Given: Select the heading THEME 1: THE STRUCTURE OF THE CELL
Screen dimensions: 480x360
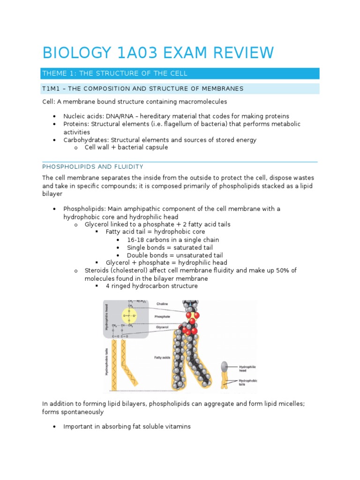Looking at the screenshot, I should [115, 74].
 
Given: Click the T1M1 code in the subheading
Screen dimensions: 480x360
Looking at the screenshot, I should [51, 89].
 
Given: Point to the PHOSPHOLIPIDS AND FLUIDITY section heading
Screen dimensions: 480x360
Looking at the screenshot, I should [93, 167].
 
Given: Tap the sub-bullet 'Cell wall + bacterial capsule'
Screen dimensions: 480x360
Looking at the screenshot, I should [126, 147].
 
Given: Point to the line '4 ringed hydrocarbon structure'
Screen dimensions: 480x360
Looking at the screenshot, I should [151, 286].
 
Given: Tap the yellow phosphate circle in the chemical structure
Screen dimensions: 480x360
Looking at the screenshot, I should [129, 315].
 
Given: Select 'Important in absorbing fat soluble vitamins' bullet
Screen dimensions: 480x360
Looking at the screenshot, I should [127, 427].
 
